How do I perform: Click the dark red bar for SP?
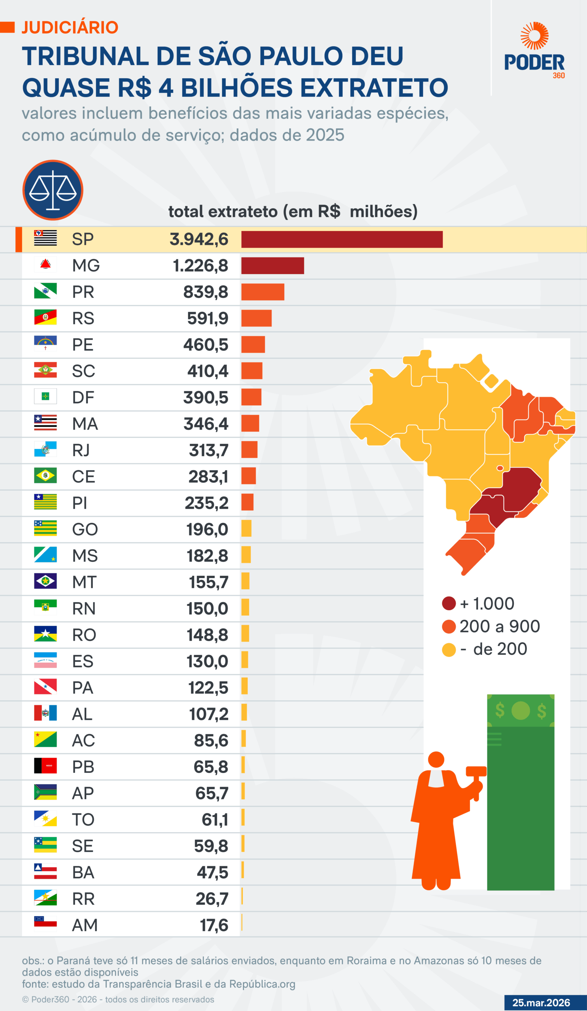tap(342, 239)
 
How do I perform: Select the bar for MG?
tap(272, 266)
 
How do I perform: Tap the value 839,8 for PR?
tap(206, 292)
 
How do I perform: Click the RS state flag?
tap(45, 317)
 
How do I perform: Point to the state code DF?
tap(83, 397)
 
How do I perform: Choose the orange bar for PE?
tap(253, 344)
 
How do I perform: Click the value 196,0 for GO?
tap(207, 530)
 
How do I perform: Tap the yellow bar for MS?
tap(246, 555)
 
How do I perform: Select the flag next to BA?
tap(45, 871)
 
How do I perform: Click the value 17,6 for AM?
tap(214, 925)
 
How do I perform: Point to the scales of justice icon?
tap(53, 190)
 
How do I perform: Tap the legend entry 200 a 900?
tap(500, 626)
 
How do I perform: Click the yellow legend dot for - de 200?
tap(449, 650)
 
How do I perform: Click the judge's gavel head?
tap(476, 771)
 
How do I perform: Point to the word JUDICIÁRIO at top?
tap(70, 27)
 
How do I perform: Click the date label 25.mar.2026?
tap(541, 1003)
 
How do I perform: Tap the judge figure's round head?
tap(436, 759)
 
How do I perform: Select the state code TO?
tap(83, 819)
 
